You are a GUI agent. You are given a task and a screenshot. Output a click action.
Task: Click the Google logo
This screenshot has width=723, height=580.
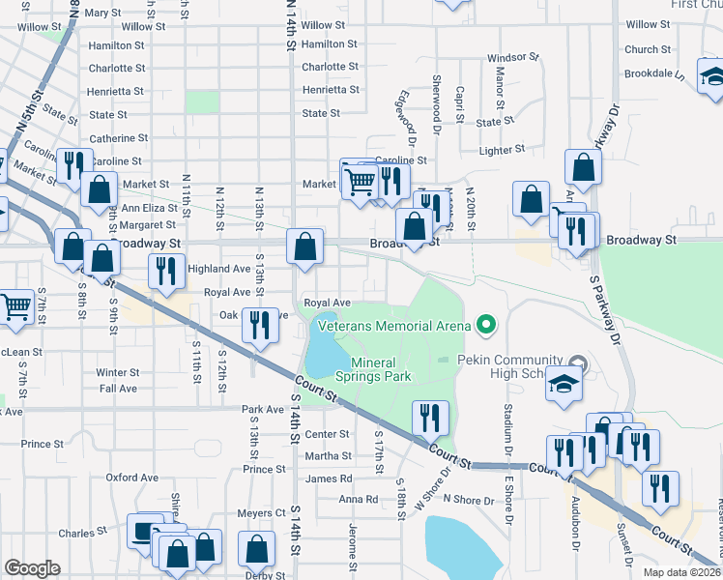coord(32,568)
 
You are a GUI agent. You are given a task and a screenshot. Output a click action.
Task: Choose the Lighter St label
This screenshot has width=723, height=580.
coord(503,150)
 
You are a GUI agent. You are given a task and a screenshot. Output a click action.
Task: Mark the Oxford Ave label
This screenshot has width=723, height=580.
coord(131,478)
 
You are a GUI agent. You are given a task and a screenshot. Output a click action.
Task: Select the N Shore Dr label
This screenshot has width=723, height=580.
coord(468,500)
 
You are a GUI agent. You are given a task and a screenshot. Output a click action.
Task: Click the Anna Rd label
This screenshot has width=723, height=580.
coord(358,500)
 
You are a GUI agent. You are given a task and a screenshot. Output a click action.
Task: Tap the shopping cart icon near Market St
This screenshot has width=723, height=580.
coord(359,180)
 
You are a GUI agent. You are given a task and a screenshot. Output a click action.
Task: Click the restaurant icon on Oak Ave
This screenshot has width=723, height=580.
coord(258,325)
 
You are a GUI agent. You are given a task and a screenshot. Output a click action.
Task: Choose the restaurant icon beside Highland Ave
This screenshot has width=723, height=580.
coord(164,273)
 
